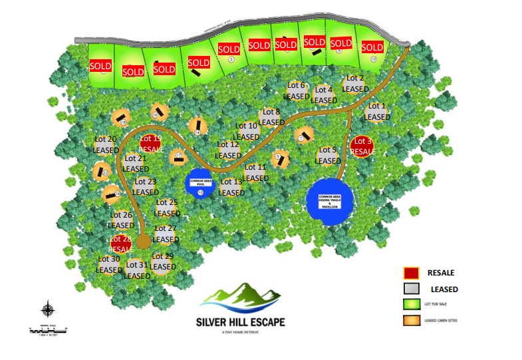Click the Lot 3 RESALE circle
tap(362, 146)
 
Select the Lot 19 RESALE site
tap(152, 144)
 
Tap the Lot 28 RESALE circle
tap(121, 244)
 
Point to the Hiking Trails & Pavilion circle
tap(330, 201)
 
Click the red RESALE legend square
tap(411, 273)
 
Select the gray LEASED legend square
tap(411, 289)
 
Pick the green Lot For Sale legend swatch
tap(411, 305)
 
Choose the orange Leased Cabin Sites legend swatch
tap(411, 321)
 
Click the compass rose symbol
tap(48, 309)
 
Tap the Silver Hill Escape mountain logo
tap(241, 298)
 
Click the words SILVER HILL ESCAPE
tap(241, 322)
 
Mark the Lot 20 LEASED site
tap(105, 145)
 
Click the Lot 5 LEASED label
tap(328, 156)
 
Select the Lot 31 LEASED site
tap(137, 270)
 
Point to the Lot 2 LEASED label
tap(355, 84)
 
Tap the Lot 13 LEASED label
tap(231, 187)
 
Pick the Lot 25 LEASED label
tap(167, 208)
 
